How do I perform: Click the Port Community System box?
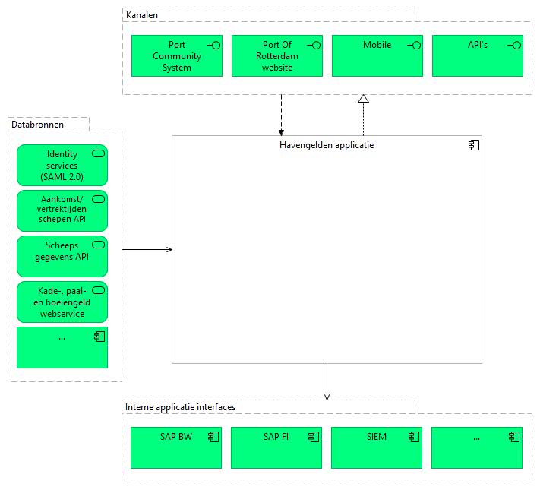click(x=177, y=55)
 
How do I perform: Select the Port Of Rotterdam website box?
click(x=277, y=55)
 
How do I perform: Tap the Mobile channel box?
click(x=377, y=55)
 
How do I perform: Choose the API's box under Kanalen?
click(x=477, y=55)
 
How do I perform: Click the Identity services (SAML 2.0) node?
click(x=62, y=165)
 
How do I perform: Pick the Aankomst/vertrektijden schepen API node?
click(x=62, y=210)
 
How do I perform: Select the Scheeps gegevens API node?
click(x=62, y=256)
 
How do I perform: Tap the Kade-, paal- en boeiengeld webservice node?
click(x=62, y=302)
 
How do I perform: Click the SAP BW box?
click(x=176, y=447)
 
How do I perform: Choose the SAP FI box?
click(x=276, y=447)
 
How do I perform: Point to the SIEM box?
click(x=377, y=447)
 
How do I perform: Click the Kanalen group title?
click(x=142, y=15)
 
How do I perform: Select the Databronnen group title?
click(x=37, y=125)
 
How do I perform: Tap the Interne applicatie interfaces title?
click(x=180, y=407)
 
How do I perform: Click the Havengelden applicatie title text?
click(x=327, y=145)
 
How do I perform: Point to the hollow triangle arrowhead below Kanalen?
click(x=363, y=99)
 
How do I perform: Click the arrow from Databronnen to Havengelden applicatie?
click(x=147, y=249)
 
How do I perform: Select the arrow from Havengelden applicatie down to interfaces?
click(x=327, y=382)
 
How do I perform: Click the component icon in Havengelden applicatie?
click(x=474, y=145)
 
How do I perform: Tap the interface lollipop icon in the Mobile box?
click(x=414, y=45)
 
